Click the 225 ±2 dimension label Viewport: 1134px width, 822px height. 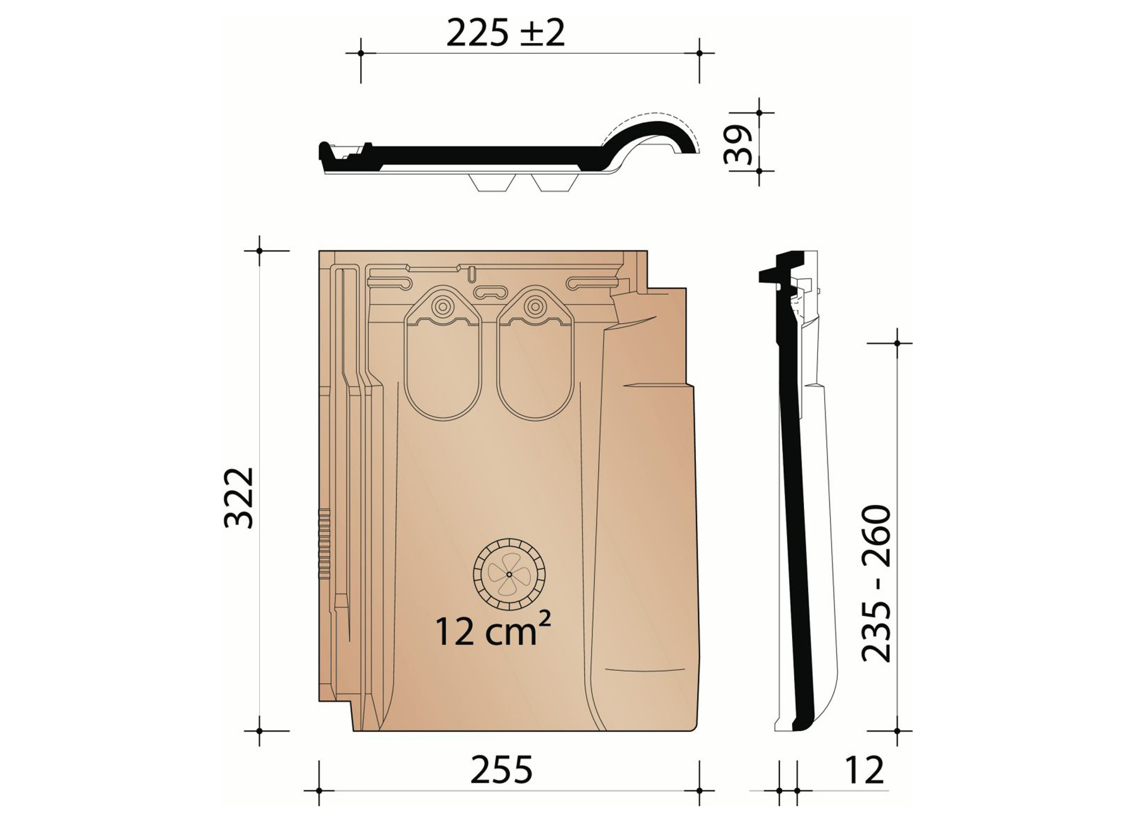point(505,33)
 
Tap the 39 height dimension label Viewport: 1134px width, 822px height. point(738,144)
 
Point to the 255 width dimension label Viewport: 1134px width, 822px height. point(501,770)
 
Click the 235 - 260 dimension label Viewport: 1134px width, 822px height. point(877,583)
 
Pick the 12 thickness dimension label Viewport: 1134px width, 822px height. point(863,770)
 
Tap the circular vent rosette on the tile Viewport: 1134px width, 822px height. point(509,574)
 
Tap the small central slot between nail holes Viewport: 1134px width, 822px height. point(491,292)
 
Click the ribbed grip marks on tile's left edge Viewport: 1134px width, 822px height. point(324,544)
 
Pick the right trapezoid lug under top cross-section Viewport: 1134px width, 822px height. point(552,183)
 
